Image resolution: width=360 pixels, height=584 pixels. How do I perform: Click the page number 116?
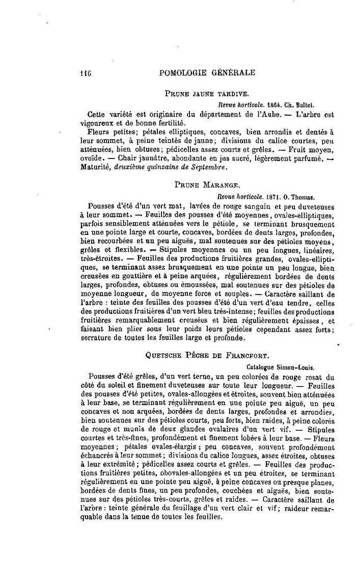click(85, 72)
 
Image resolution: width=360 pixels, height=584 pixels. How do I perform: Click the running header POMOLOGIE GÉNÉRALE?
click(207, 72)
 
